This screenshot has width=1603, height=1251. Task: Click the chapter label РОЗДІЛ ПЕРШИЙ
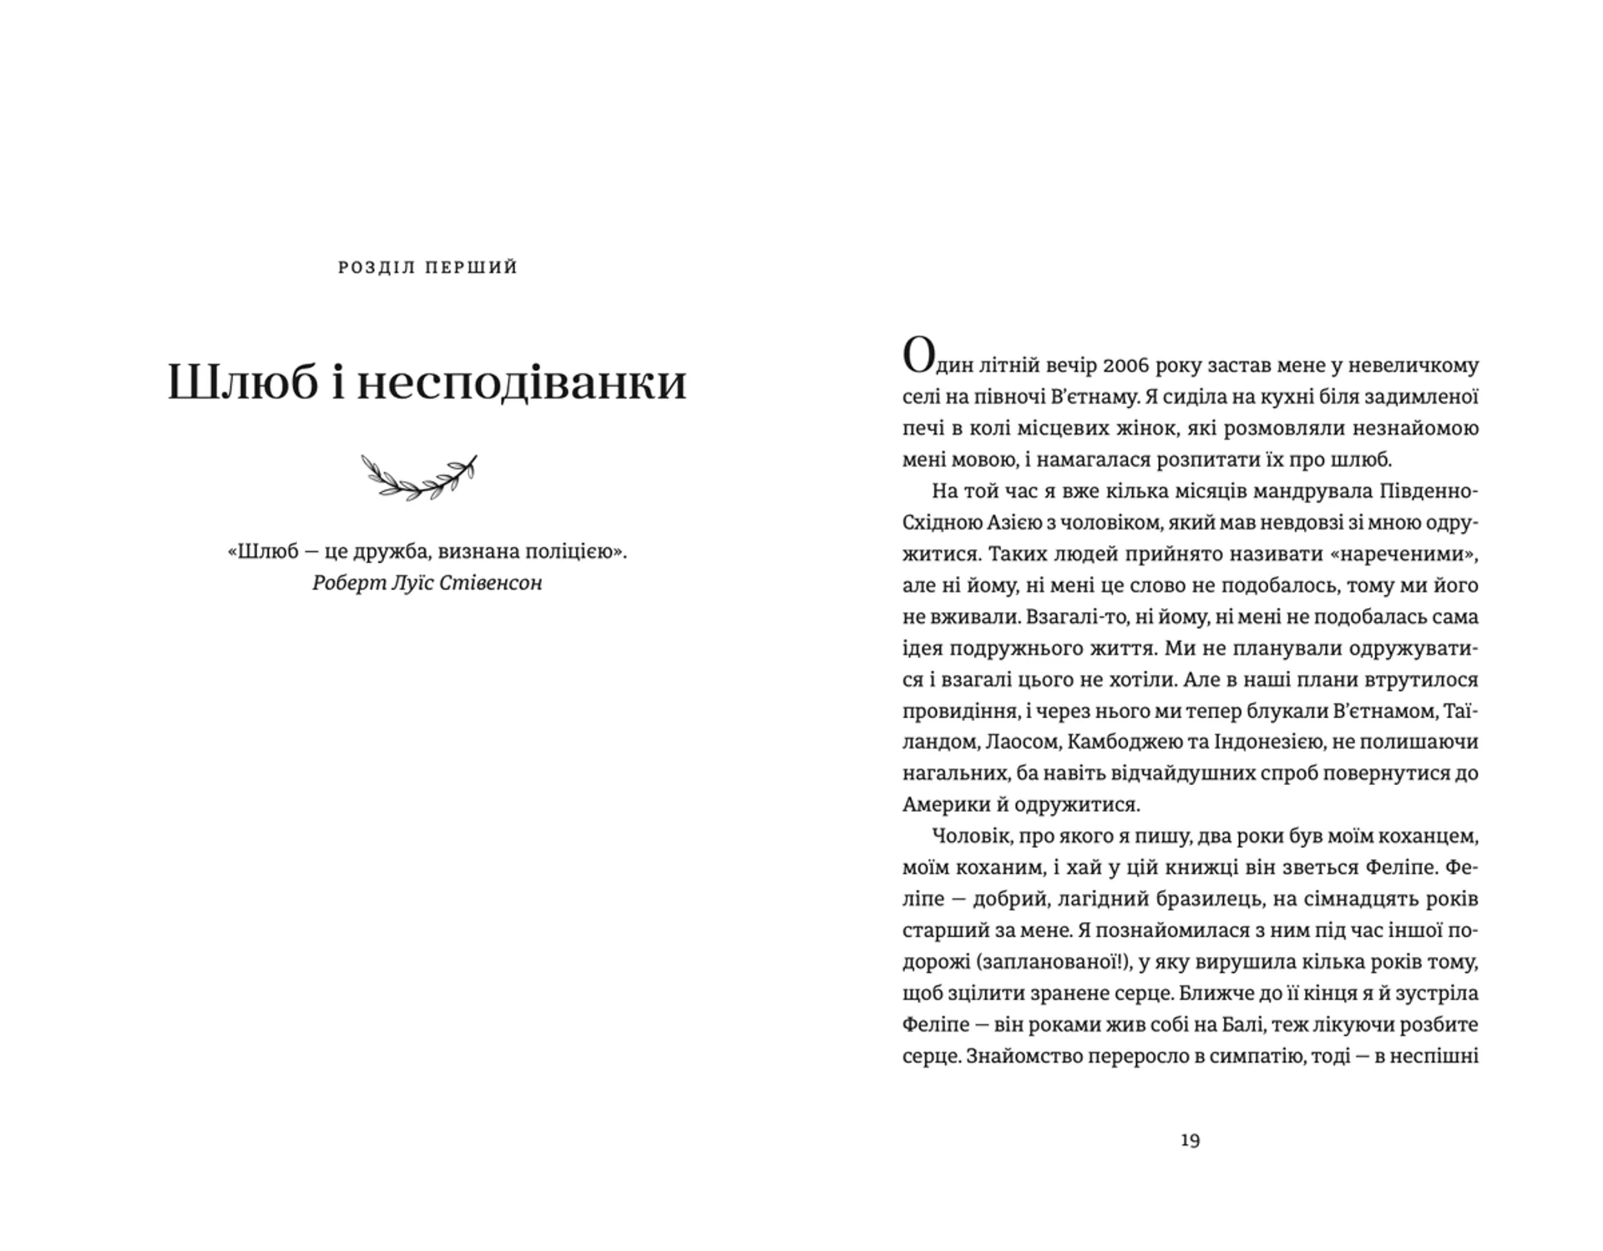(x=427, y=268)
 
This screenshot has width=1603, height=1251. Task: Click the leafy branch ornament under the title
(x=419, y=477)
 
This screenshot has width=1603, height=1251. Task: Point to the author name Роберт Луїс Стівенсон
(x=427, y=583)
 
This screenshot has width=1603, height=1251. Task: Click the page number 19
(x=1190, y=1141)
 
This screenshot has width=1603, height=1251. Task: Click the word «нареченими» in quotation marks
(x=1416, y=554)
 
